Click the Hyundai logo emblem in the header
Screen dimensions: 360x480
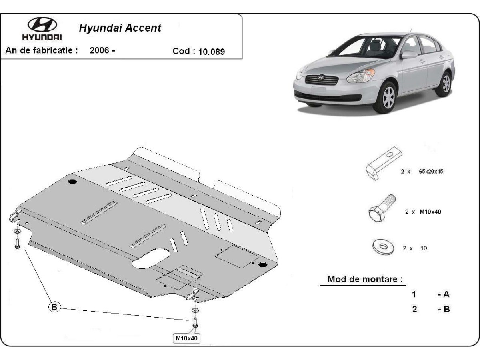tap(42, 25)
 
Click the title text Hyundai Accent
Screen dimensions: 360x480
tap(120, 28)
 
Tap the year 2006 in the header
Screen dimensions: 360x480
tap(100, 51)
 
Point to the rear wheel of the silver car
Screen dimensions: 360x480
tap(444, 84)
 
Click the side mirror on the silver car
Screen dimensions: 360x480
tap(408, 54)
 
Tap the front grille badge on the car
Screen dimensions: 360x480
tap(321, 77)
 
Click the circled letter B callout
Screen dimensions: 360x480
tap(54, 307)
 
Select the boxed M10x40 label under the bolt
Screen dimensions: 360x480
tap(186, 338)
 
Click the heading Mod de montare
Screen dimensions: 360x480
tap(365, 279)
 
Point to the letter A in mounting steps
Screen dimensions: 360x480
tap(446, 294)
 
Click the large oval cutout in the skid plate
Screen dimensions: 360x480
tap(152, 258)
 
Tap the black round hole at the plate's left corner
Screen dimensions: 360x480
tap(72, 182)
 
